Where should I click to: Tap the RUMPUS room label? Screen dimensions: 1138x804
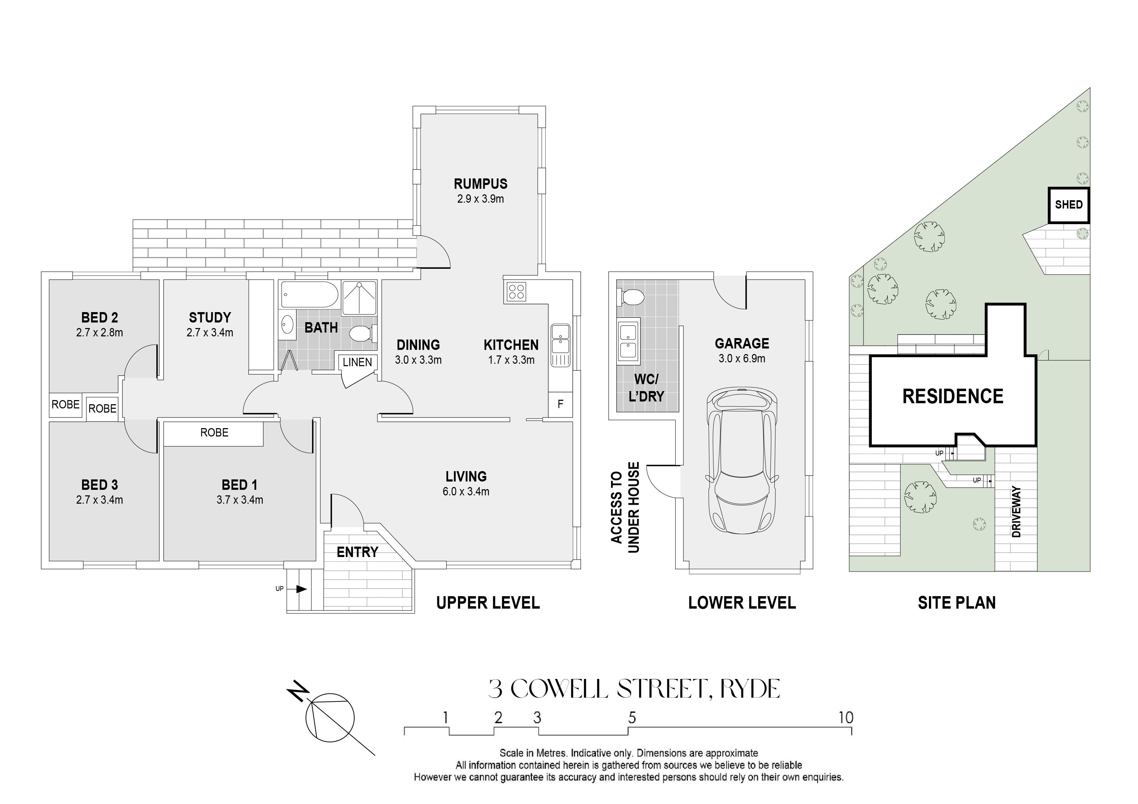(480, 184)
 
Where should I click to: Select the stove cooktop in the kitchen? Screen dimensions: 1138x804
(515, 290)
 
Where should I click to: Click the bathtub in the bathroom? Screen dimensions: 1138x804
(309, 295)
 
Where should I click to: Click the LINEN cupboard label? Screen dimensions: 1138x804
(357, 362)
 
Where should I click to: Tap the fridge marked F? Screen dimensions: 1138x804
(560, 404)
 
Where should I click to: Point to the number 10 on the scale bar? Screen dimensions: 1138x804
(845, 717)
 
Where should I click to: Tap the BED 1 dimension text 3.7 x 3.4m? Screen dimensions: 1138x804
(240, 500)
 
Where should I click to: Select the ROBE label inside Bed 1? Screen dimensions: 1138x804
(214, 432)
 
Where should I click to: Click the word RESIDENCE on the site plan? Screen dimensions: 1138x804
(953, 396)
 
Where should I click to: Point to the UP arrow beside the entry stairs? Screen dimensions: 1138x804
(301, 589)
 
